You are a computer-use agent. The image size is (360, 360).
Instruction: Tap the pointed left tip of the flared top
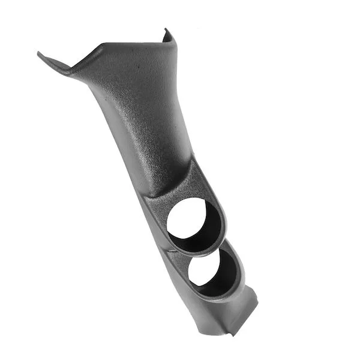point(40,55)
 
